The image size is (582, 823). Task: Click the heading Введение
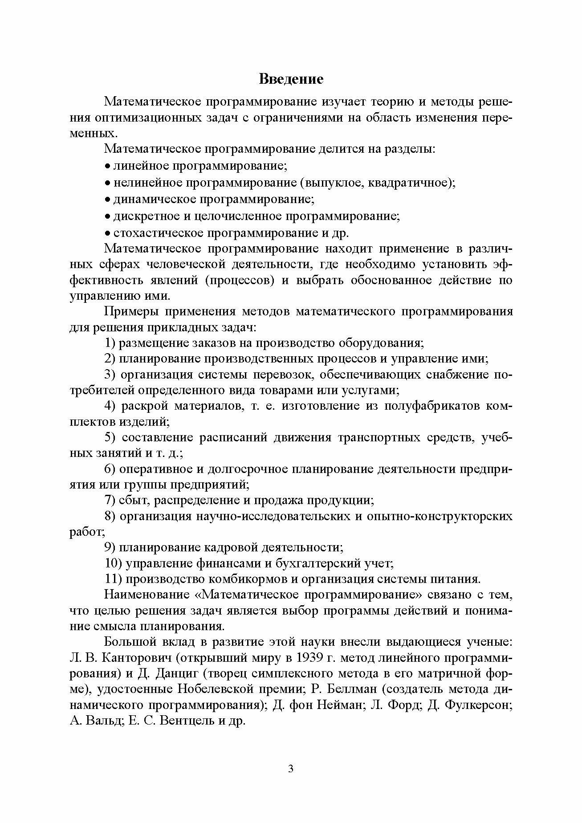tap(291, 79)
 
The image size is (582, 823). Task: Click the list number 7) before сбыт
tap(110, 500)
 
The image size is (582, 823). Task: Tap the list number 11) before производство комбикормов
tap(113, 579)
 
